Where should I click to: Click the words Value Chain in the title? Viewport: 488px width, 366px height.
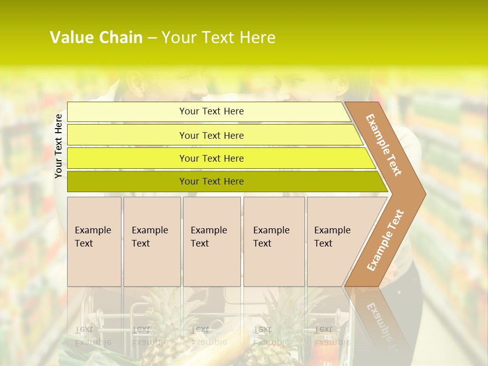click(x=96, y=38)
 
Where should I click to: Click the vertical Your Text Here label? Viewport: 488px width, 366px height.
click(x=58, y=146)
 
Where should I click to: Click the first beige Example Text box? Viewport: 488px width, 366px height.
click(x=94, y=241)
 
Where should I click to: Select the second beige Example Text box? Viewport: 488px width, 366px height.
click(x=152, y=241)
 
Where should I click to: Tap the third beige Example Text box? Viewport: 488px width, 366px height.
click(x=211, y=241)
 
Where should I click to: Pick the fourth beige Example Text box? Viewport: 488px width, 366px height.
click(x=274, y=241)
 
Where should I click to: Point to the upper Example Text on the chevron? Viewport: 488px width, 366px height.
click(x=384, y=145)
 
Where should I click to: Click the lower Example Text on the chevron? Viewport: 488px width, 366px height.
click(x=385, y=240)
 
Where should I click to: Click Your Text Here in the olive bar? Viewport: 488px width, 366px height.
click(x=211, y=181)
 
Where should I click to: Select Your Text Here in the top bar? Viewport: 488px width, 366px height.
click(x=211, y=111)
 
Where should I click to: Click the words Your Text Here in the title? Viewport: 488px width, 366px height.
click(x=219, y=38)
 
